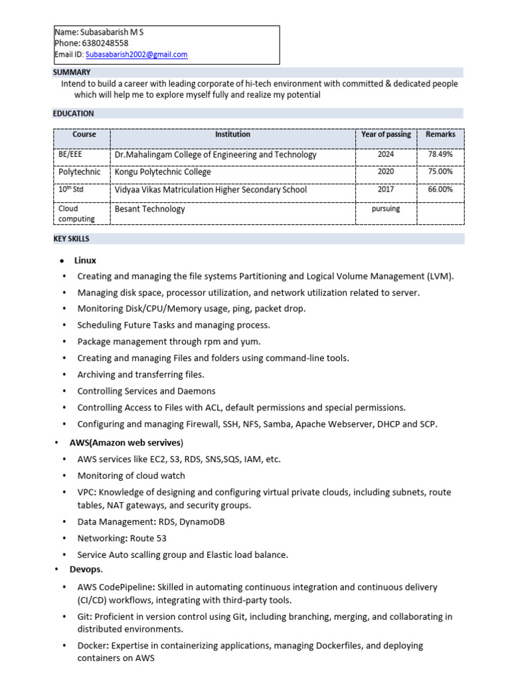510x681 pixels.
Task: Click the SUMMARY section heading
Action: point(72,72)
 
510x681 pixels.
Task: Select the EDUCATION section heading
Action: point(74,114)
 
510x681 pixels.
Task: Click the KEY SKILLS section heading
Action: point(71,239)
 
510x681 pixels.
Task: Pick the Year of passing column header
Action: point(386,134)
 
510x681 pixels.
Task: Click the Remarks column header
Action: point(440,134)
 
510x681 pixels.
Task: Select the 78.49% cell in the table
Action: point(440,154)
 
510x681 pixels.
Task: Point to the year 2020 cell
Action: point(386,172)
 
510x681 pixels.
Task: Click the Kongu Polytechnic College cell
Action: point(163,172)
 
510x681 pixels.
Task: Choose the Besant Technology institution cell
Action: point(149,209)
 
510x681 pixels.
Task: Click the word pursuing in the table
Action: point(386,209)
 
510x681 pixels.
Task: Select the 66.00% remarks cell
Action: point(440,190)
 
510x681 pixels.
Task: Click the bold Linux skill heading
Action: point(85,260)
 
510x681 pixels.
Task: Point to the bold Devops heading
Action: point(86,570)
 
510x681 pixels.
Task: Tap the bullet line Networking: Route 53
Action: point(122,538)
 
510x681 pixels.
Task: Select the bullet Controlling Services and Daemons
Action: point(146,391)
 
